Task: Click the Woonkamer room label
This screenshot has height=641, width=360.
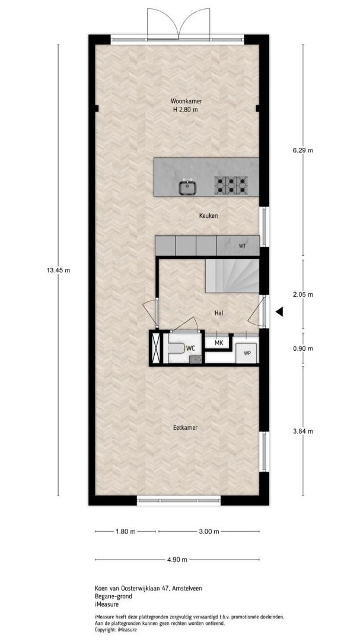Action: pos(186,101)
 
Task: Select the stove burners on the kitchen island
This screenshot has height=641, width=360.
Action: pos(231,185)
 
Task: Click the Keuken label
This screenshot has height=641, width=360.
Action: pos(208,216)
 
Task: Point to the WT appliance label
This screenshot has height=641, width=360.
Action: pos(243,246)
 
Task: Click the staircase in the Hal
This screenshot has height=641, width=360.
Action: pos(232,276)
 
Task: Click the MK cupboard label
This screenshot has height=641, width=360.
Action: pos(219,342)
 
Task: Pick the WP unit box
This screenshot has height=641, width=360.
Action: pos(246,353)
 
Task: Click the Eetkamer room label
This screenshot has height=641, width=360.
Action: pos(185,427)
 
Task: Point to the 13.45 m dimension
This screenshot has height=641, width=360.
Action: pos(59,270)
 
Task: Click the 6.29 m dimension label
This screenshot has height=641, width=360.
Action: pos(303,150)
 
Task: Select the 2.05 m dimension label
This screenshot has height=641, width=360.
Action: pos(303,294)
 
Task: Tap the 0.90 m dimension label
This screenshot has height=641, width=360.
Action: pos(303,349)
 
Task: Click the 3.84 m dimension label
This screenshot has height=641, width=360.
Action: pos(303,431)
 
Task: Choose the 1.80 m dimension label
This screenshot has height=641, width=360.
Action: pos(126,531)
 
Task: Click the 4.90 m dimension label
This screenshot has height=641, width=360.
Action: pos(177,560)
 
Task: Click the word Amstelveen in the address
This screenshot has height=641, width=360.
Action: pos(187,588)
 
